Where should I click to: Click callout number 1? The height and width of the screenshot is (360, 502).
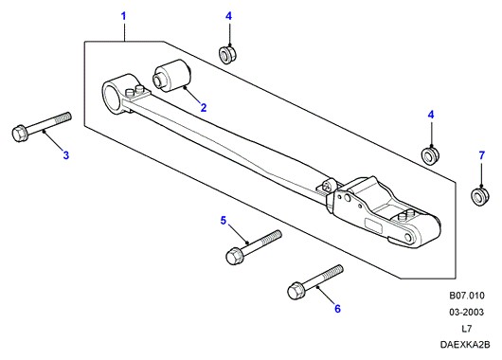123,16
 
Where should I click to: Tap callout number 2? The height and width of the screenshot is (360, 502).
204,108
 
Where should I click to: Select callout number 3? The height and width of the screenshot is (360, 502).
66,155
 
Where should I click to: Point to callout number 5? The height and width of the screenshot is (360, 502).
224,221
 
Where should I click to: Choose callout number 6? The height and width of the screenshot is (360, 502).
337,309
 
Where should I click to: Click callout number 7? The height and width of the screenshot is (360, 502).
482,155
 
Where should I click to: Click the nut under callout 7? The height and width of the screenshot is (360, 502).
479,197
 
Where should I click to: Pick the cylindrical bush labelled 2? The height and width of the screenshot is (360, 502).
172,76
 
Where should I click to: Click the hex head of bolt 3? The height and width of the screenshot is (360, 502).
20,134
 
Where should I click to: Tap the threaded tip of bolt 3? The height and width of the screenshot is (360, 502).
63,118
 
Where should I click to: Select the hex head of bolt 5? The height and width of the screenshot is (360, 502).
234,256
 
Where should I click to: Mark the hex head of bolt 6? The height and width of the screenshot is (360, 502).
296,291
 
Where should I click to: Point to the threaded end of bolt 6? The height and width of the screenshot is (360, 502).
335,272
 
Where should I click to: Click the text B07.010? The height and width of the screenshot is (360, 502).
467,296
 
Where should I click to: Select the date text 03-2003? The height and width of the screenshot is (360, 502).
466,312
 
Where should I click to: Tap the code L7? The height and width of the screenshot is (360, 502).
466,329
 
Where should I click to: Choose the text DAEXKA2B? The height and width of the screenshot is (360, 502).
465,345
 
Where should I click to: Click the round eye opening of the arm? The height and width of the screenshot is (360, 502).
111,98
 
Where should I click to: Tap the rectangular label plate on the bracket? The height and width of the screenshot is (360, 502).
374,225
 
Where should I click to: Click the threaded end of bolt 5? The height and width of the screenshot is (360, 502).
273,237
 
